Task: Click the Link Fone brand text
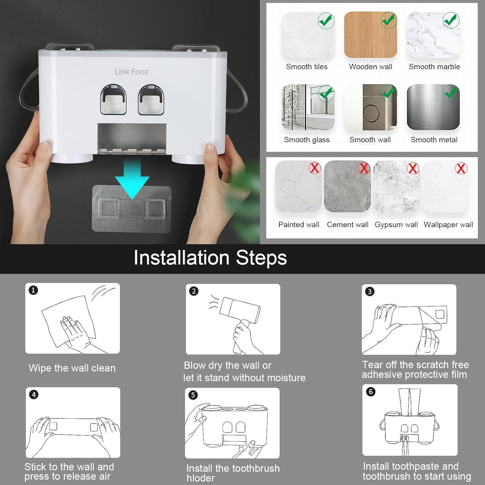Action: pos(131,71)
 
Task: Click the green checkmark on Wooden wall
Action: pos(388,20)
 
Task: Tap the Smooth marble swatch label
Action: pos(434,67)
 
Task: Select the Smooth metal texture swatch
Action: pos(433,107)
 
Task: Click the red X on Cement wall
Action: pos(364,168)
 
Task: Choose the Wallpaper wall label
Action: pos(448,224)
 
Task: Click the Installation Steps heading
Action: pos(210,258)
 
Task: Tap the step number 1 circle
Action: pos(33,290)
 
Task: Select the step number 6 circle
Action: pos(371,392)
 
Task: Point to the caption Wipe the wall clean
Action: pos(72,368)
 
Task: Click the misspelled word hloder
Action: pos(200,478)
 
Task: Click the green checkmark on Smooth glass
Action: pos(326,93)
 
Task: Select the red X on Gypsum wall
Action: pos(413,168)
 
